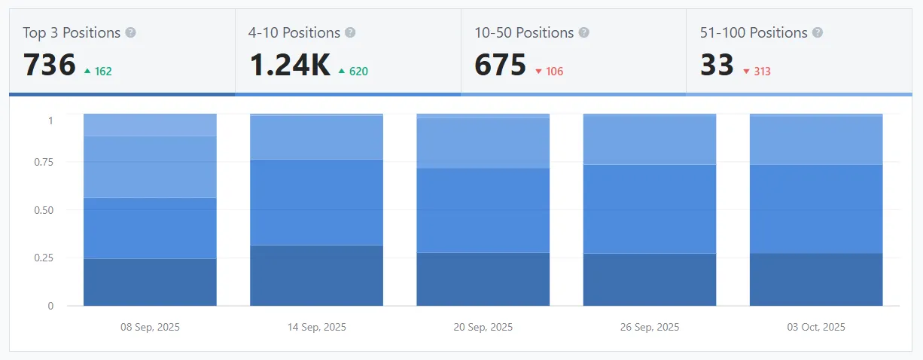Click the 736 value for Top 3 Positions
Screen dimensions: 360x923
coord(50,66)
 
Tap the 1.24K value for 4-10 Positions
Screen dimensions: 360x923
coord(290,66)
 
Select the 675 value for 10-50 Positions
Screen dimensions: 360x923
coord(500,66)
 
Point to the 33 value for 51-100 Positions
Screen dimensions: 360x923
coord(717,66)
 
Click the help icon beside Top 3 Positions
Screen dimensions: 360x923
coord(131,33)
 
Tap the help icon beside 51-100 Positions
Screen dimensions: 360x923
coord(818,33)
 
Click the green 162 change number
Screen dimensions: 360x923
coord(103,72)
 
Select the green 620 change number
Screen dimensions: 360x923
coord(358,72)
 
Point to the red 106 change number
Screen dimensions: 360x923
coord(554,72)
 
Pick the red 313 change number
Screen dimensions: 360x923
coord(762,72)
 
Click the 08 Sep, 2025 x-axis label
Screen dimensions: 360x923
coord(151,327)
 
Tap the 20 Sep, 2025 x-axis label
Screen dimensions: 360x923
coord(483,327)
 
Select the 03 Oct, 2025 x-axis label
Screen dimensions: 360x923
coord(816,327)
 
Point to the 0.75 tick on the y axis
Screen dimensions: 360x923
coord(44,161)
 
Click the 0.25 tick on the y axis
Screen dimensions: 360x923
coord(44,258)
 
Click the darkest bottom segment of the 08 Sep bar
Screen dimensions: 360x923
coord(151,282)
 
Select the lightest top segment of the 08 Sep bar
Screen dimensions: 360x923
coord(151,125)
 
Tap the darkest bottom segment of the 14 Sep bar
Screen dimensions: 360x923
coord(317,276)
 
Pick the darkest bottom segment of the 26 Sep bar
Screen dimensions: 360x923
coord(650,279)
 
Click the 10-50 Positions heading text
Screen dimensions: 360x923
coord(524,33)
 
